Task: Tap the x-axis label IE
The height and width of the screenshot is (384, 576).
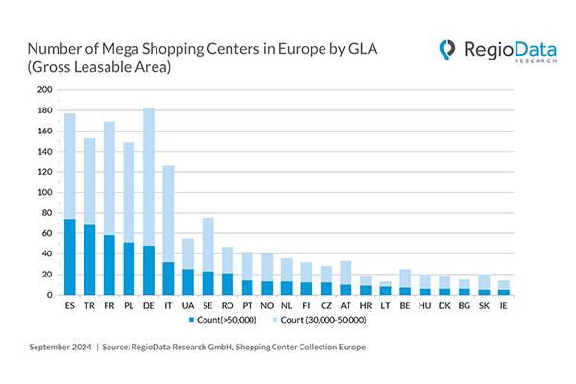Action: click(505, 304)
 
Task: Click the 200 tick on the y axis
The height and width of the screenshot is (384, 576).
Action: click(45, 90)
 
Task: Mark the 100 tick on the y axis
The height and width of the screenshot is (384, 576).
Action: click(45, 192)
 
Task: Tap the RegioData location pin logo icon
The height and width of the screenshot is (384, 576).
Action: click(447, 50)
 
